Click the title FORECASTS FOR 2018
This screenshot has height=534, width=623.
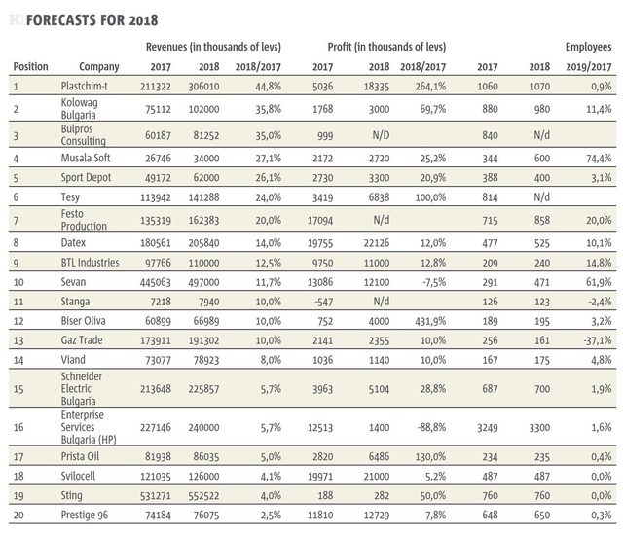point(92,19)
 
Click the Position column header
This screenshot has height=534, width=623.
point(30,66)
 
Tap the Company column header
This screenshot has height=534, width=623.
point(99,67)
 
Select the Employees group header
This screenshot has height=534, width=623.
point(588,47)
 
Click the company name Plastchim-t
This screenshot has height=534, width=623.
point(85,86)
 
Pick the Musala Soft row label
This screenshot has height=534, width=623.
point(86,158)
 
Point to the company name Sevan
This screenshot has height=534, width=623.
point(73,282)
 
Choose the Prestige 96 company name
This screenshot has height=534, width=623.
point(85,515)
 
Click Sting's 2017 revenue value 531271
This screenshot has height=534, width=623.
point(156,496)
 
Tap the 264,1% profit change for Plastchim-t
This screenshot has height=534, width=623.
point(430,87)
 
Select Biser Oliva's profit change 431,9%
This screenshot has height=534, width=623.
point(430,321)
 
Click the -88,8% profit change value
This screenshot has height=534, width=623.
point(432,428)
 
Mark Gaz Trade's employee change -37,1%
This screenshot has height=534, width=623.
point(598,340)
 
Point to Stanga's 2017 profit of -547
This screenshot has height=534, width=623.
point(324,302)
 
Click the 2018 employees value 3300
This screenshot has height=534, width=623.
point(539,428)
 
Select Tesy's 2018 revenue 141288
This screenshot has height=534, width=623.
point(203,197)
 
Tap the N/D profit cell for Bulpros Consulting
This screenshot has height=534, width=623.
point(381,135)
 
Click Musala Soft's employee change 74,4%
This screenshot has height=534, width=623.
point(599,159)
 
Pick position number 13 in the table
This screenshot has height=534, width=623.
point(18,340)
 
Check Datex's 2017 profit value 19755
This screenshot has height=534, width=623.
point(320,243)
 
